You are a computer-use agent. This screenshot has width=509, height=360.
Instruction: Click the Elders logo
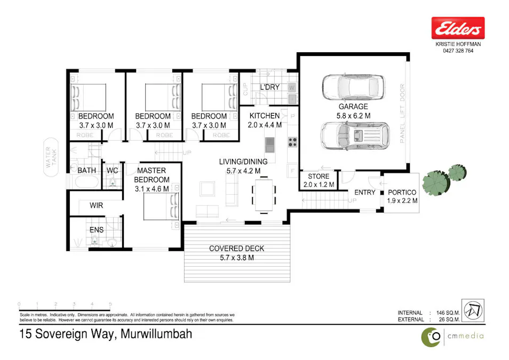(x=458, y=27)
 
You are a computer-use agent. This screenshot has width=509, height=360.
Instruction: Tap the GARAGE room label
(x=353, y=107)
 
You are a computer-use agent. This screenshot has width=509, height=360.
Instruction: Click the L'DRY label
(x=269, y=87)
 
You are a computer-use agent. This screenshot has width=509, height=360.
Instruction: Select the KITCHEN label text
(x=264, y=116)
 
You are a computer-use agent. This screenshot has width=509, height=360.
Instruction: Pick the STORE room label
(x=319, y=176)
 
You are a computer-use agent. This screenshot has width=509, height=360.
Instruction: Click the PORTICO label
(x=402, y=193)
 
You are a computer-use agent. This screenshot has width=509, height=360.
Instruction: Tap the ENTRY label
(x=365, y=193)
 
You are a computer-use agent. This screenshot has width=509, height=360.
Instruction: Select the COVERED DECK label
(x=236, y=249)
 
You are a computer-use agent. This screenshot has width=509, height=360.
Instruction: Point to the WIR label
(x=97, y=205)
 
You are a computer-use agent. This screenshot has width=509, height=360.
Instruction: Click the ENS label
(x=96, y=230)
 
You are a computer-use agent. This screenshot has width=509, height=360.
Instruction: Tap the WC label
(x=112, y=170)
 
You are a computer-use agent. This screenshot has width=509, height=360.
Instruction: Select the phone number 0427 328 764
(x=458, y=51)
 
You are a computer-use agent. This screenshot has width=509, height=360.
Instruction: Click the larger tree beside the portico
(x=435, y=182)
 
